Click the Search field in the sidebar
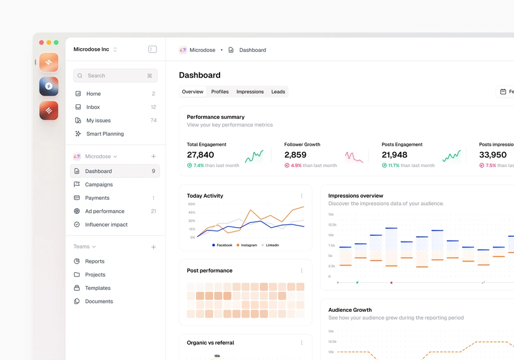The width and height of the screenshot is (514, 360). [116, 76]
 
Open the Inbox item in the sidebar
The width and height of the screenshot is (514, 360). [93, 107]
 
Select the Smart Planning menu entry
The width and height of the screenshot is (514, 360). [105, 134]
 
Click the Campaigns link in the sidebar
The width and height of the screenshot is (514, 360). [99, 185]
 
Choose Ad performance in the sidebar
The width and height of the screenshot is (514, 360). [104, 211]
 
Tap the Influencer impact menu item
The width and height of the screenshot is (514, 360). [106, 224]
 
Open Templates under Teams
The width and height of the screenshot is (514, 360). [97, 288]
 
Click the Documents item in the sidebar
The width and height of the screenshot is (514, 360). [99, 301]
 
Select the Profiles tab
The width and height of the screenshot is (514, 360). [220, 92]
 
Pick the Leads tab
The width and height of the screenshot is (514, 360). [278, 92]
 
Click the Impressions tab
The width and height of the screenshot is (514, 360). [250, 92]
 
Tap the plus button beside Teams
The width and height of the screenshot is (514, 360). [154, 247]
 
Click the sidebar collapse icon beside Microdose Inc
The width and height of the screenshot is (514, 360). [153, 49]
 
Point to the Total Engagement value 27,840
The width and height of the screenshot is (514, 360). [200, 155]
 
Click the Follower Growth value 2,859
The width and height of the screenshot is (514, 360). [296, 155]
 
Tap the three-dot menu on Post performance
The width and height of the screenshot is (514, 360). [301, 271]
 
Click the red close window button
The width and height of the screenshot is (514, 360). [42, 42]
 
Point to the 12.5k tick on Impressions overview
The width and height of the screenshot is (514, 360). [332, 225]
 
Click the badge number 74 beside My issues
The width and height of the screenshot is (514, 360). [154, 121]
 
